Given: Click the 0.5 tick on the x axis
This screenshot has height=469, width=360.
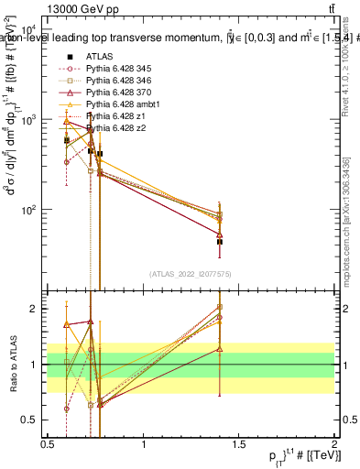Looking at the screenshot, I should tap(48, 444).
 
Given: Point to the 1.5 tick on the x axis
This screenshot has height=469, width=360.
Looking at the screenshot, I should tap(239, 444).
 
